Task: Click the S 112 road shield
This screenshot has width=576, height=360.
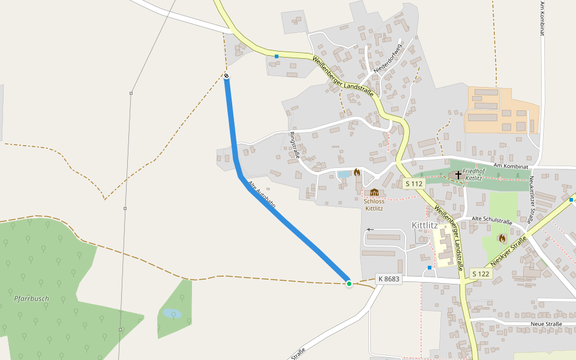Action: click(414, 183)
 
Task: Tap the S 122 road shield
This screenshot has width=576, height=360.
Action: click(481, 274)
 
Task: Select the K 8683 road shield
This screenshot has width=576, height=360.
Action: click(388, 279)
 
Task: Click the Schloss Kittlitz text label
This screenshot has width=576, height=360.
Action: click(374, 205)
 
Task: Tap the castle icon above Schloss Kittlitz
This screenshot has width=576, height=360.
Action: click(374, 192)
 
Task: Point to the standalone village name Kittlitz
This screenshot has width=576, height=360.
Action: click(425, 225)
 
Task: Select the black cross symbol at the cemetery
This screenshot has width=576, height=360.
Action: click(458, 175)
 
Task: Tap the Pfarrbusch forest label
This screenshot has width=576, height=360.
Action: click(32, 298)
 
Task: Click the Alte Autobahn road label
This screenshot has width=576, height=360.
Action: click(262, 194)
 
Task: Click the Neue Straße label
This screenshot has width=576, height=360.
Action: click(546, 324)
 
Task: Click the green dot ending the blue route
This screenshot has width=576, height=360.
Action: click(349, 283)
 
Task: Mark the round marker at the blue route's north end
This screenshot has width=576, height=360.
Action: click(226, 76)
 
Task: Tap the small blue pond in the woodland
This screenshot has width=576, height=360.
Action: click(172, 313)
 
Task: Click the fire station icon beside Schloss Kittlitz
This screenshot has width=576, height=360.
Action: click(357, 173)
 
